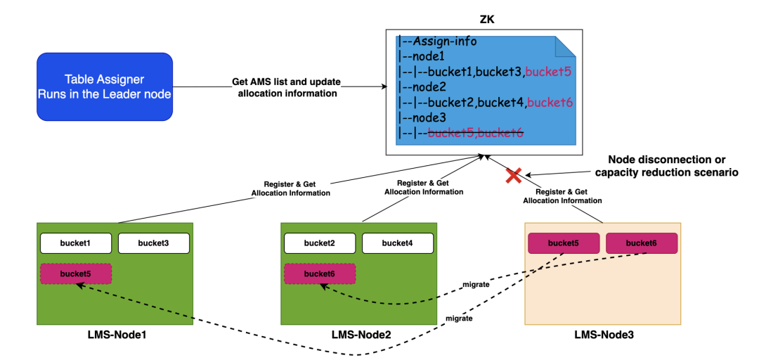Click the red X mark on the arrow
pyautogui.click(x=513, y=176)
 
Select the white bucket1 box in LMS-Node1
pyautogui.click(x=76, y=243)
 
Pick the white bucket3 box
pyautogui.click(x=153, y=243)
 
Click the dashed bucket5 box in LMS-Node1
pyautogui.click(x=76, y=273)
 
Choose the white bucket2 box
pyautogui.click(x=319, y=243)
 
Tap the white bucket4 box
pyautogui.click(x=397, y=243)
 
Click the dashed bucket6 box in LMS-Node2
pyautogui.click(x=319, y=273)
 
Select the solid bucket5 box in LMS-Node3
pyautogui.click(x=563, y=243)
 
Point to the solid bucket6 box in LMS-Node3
pyautogui.click(x=641, y=243)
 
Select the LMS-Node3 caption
pyautogui.click(x=602, y=335)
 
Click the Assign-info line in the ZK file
pyautogui.click(x=439, y=41)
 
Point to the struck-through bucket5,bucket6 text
pyautogui.click(x=475, y=134)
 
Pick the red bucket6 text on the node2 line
pyautogui.click(x=550, y=103)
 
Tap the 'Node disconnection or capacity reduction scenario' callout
pyautogui.click(x=666, y=166)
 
